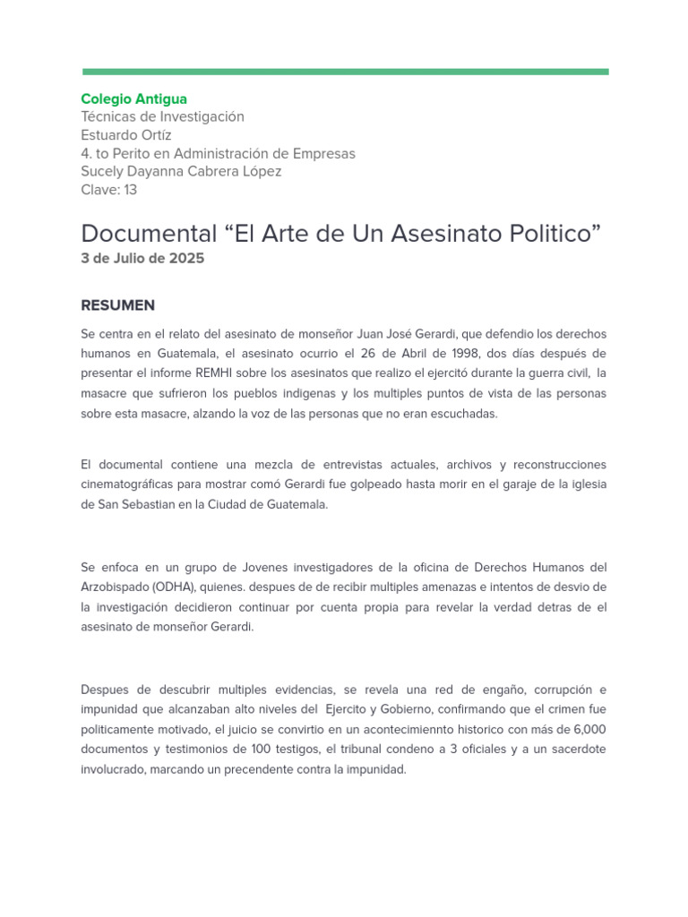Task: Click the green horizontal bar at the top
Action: [345, 72]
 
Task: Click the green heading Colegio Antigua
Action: [133, 99]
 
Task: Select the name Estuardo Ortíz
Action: [125, 135]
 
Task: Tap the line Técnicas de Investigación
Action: [162, 116]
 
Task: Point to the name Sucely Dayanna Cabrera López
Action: [181, 171]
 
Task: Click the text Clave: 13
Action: [108, 190]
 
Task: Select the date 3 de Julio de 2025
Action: [142, 259]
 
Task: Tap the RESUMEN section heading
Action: [117, 305]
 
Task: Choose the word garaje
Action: [533, 484]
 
